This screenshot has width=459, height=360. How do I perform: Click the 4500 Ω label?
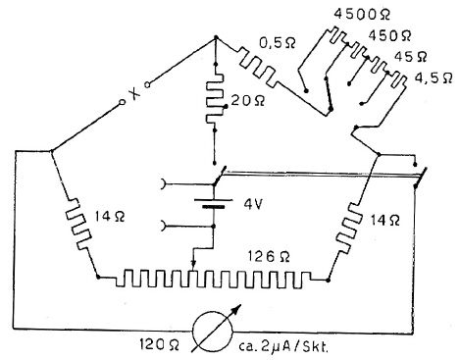click(x=362, y=15)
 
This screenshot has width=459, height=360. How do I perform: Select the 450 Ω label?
click(x=389, y=35)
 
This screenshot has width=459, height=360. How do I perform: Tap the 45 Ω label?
click(x=411, y=57)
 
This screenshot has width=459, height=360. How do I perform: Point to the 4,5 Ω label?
click(x=433, y=77)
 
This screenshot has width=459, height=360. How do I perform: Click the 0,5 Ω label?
click(x=278, y=42)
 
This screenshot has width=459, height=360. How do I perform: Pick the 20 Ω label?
click(x=247, y=101)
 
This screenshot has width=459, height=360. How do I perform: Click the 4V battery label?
click(x=253, y=205)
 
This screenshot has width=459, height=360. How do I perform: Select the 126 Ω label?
click(x=269, y=257)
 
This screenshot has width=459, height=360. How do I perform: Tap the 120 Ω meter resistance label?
click(x=159, y=344)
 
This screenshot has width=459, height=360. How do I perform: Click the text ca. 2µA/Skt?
click(x=283, y=346)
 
